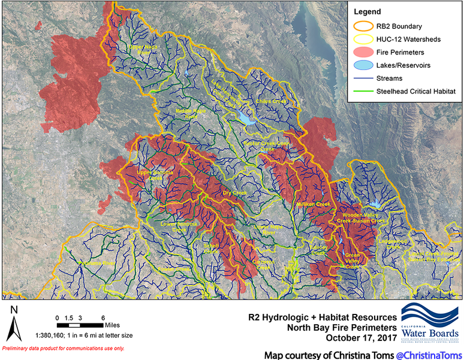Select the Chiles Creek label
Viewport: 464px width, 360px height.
(x=272, y=102)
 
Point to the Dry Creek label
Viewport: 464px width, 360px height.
(x=235, y=193)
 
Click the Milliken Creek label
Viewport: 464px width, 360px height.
(x=313, y=204)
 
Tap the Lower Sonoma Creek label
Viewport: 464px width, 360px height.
(x=177, y=226)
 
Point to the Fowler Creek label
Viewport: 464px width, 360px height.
(x=174, y=270)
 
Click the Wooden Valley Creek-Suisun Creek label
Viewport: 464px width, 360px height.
(x=361, y=217)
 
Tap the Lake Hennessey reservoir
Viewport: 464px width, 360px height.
(x=246, y=117)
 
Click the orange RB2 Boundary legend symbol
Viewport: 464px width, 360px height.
(x=362, y=26)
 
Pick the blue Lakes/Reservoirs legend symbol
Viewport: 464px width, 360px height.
(x=362, y=65)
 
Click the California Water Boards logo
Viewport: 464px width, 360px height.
(x=429, y=324)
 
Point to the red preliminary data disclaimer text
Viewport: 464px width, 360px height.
(x=64, y=348)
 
